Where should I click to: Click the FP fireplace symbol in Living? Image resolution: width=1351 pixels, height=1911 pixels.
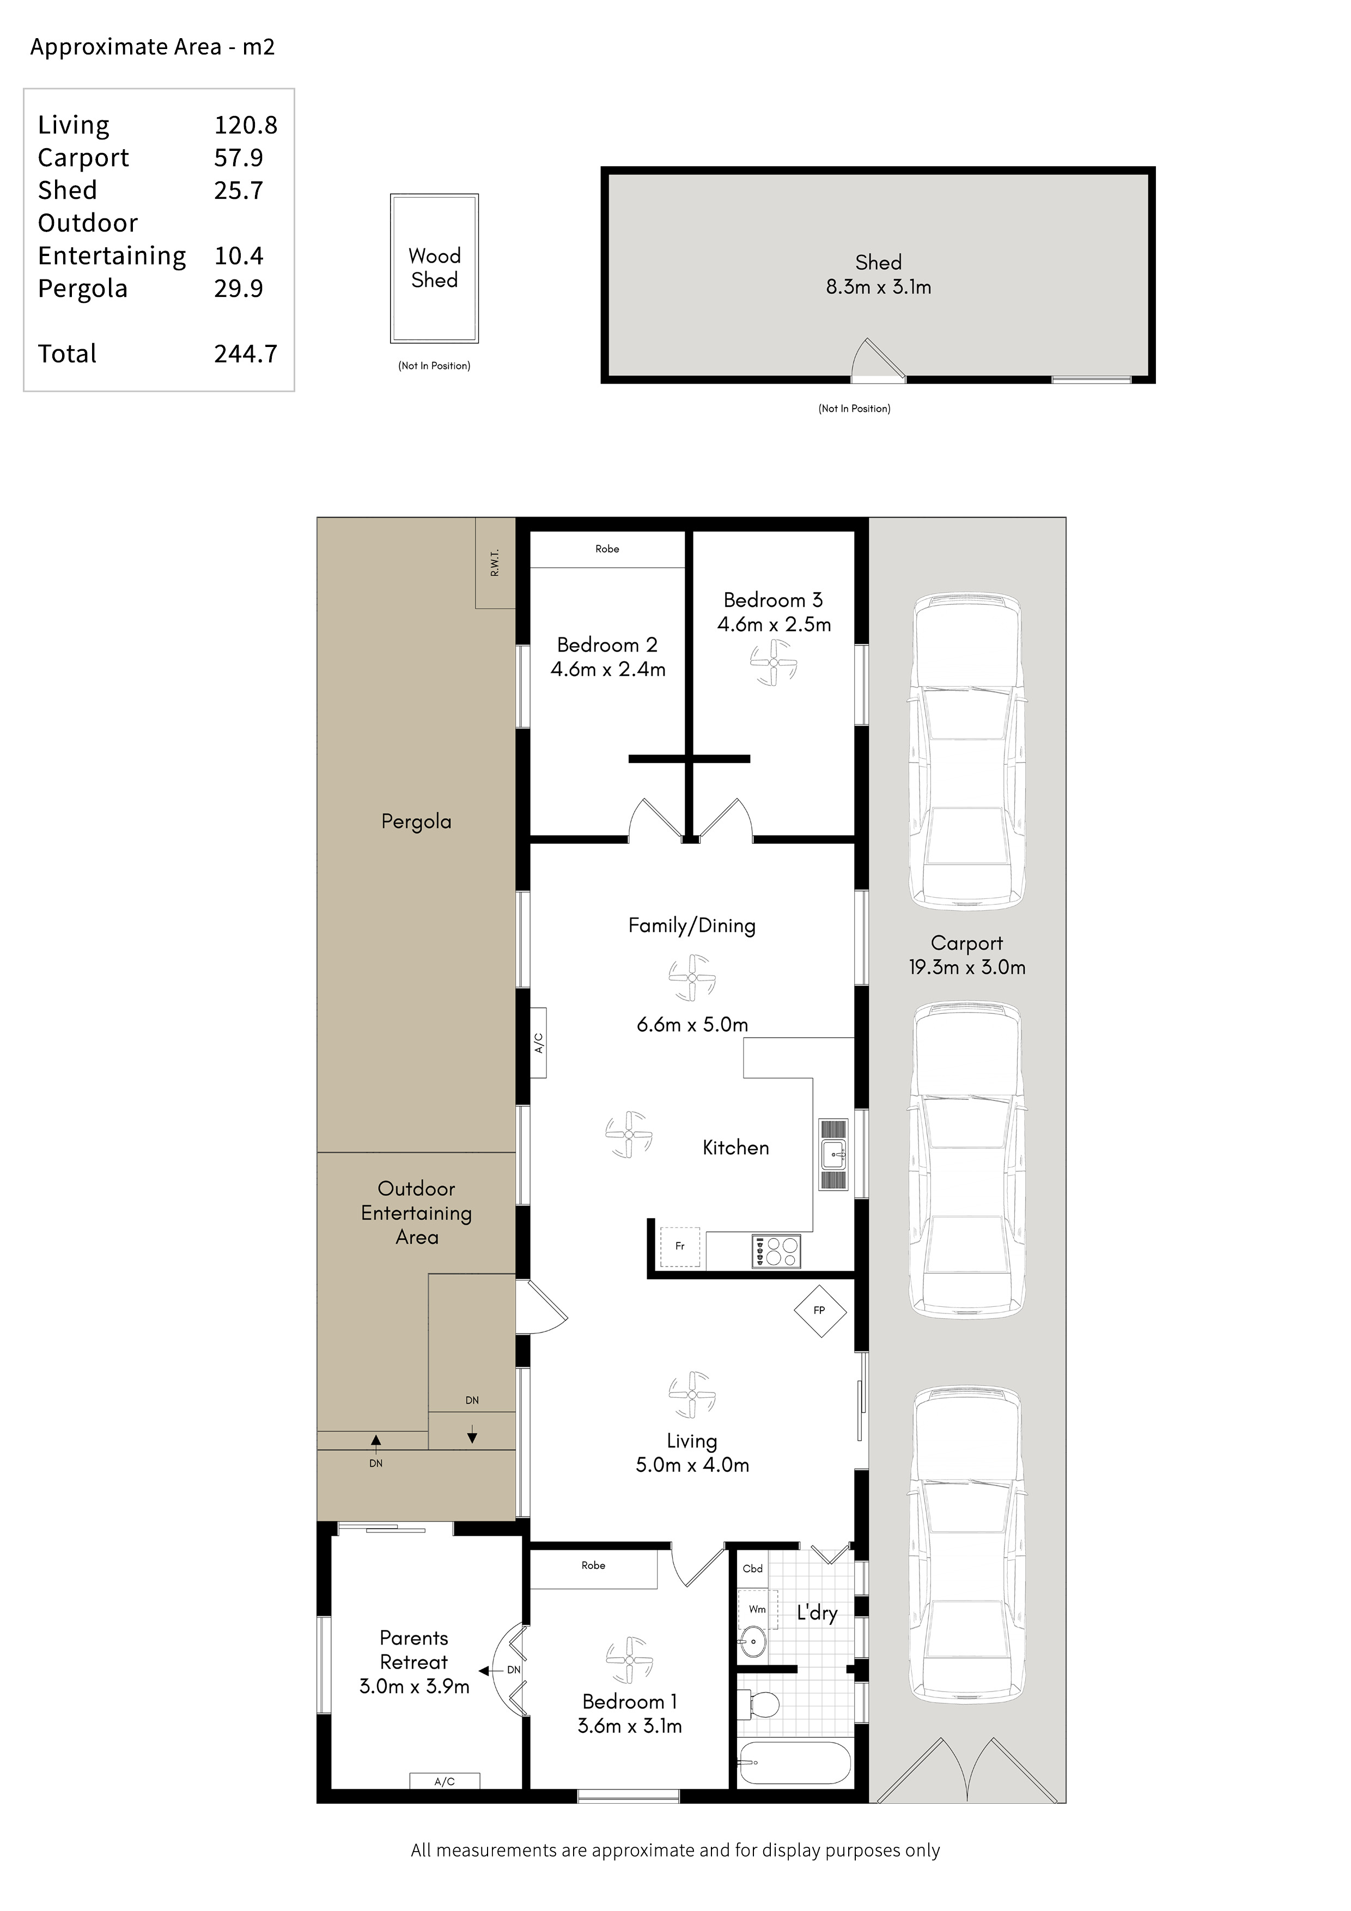point(819,1310)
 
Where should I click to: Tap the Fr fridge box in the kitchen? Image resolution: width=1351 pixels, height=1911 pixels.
point(680,1247)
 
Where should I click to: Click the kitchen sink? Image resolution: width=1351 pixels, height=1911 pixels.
point(833,1154)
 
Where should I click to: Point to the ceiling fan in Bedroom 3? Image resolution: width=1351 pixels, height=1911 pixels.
point(774,662)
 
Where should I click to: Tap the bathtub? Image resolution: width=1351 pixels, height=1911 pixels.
point(794,1762)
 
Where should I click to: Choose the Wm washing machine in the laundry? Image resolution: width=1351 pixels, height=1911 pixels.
point(758,1609)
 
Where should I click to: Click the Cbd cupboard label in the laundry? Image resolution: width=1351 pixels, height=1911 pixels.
point(752,1568)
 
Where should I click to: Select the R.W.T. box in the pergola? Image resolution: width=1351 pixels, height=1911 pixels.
point(495,563)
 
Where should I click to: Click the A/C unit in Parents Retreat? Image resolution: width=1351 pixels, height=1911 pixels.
point(445,1781)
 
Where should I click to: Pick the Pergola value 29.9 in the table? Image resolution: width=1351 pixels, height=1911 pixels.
point(239,288)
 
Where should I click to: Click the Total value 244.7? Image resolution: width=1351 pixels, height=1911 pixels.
point(246,354)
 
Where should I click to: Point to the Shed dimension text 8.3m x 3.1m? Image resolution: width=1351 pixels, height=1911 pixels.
point(878,287)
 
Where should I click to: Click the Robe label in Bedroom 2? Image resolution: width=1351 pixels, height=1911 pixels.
point(607,549)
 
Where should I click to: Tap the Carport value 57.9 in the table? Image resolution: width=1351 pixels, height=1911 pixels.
point(239,157)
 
